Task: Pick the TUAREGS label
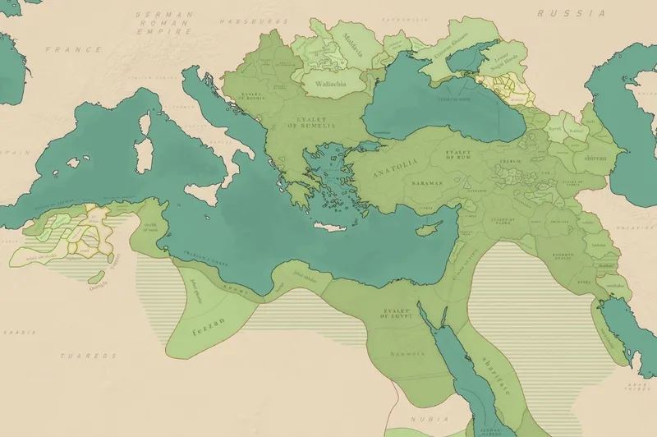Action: pyautogui.click(x=80, y=356)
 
